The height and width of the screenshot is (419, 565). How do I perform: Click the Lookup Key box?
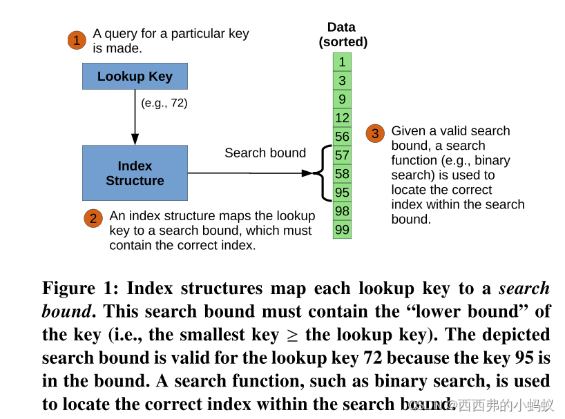135,76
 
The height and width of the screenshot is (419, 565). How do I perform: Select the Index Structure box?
135,173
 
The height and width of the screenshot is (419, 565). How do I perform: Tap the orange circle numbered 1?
77,41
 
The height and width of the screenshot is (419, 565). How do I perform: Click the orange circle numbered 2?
93,219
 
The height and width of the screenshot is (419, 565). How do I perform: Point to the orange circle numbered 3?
375,134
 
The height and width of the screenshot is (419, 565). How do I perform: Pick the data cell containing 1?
342,62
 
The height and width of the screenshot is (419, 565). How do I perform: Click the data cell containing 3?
342,81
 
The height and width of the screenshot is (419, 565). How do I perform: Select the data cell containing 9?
342,99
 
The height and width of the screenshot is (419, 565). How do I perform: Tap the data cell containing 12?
342,118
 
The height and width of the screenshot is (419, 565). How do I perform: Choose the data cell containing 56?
342,137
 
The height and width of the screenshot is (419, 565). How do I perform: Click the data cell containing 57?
342,155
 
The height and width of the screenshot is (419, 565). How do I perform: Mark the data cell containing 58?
342,174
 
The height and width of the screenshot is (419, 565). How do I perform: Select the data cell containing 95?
342,193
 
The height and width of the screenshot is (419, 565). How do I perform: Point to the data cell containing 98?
342,211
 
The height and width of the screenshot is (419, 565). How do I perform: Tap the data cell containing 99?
342,230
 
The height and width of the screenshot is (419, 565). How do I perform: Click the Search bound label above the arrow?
265,153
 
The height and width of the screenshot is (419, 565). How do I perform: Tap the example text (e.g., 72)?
164,103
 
